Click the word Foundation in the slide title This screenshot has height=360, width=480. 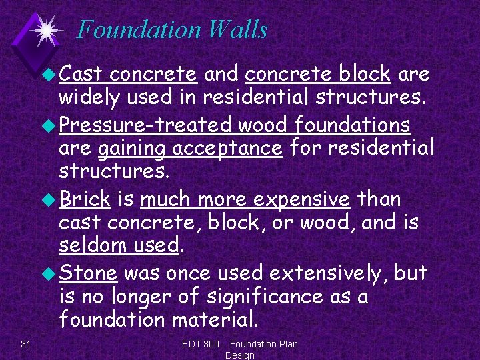tap(137, 30)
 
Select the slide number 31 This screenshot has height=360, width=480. tap(26, 343)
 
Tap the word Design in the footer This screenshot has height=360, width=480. tap(239, 355)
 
